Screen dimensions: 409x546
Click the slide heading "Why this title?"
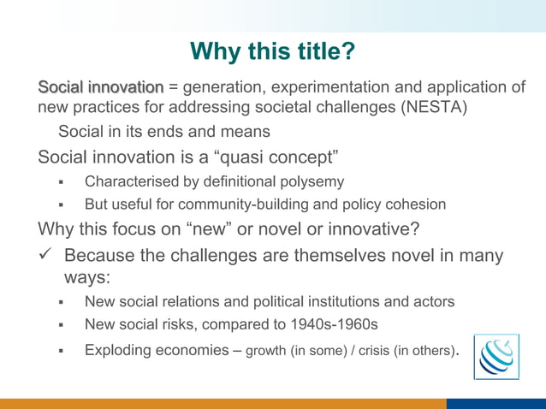272,51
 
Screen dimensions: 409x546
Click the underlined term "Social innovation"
100,87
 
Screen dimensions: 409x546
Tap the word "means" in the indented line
247,132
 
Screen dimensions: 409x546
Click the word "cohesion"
416,204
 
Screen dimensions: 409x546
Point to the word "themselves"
337,256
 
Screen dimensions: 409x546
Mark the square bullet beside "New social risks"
62,326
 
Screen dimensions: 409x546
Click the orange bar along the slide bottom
223,403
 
